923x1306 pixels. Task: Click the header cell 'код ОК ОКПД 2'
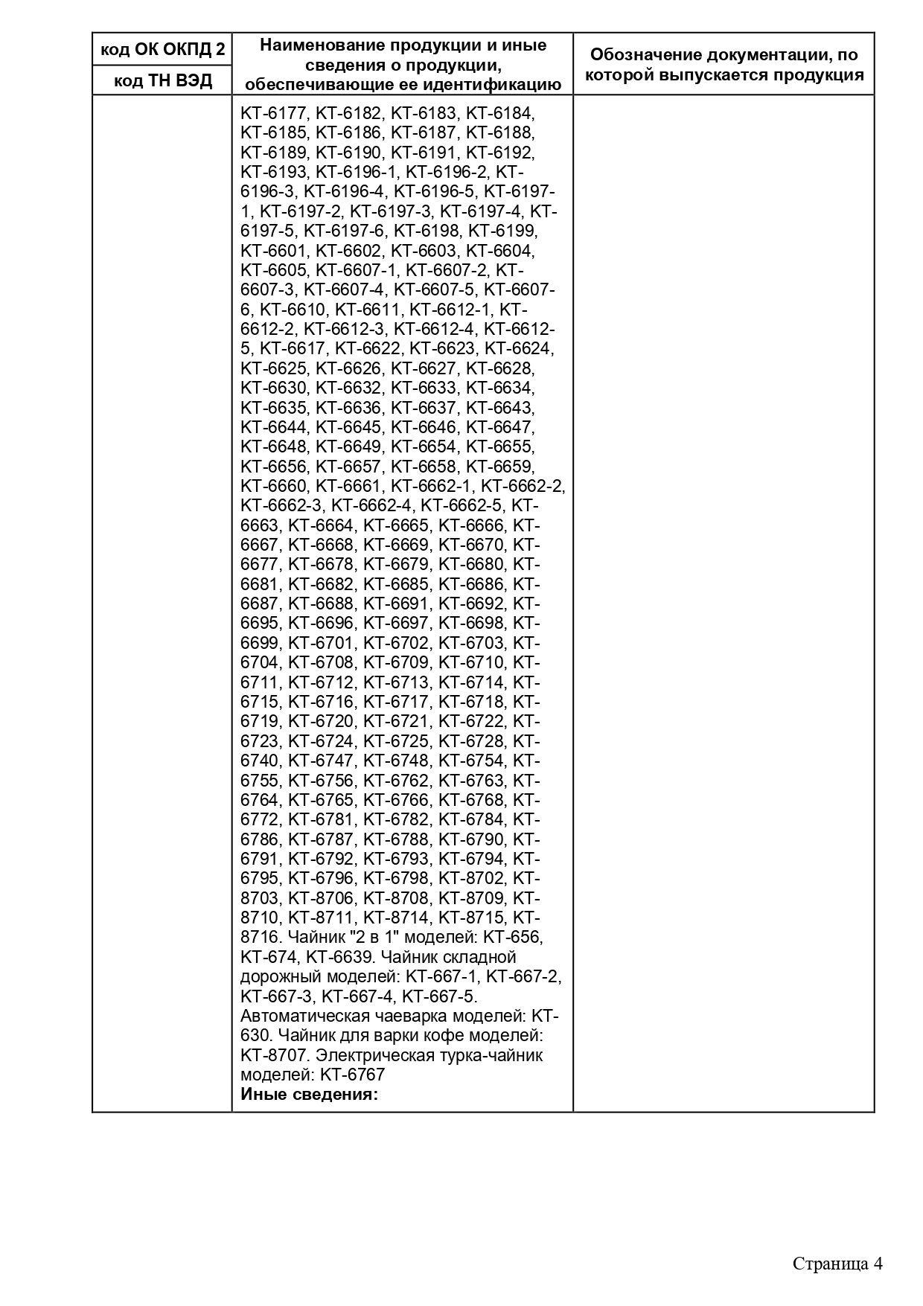click(162, 50)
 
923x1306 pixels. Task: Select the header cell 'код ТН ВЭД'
click(162, 80)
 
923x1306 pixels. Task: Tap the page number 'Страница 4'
click(837, 1264)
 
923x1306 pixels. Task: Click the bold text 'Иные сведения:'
click(310, 1095)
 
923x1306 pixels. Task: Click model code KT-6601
click(274, 251)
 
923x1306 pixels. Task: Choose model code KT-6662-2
click(523, 486)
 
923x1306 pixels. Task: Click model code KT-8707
click(274, 1054)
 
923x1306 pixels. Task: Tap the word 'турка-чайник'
click(494, 1054)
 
